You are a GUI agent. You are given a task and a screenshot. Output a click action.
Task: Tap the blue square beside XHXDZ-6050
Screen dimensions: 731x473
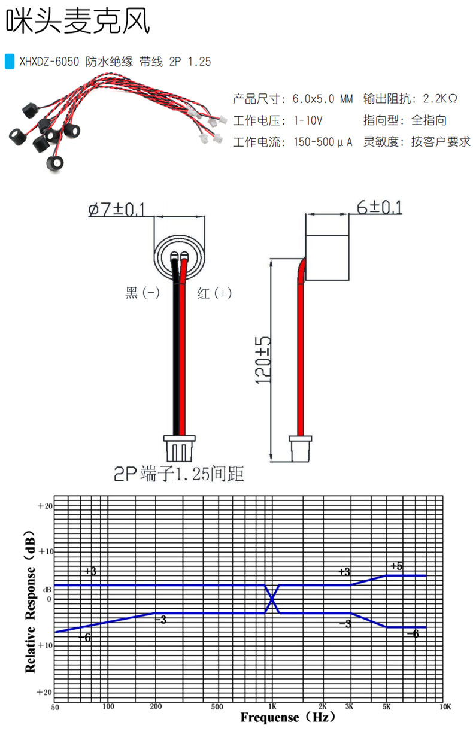[9, 61]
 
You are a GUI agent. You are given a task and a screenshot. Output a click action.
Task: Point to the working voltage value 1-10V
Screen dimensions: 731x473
[308, 120]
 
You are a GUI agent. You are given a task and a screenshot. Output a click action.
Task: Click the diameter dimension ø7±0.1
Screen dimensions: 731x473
[116, 209]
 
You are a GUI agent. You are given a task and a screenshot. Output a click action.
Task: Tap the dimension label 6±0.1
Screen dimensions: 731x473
[379, 207]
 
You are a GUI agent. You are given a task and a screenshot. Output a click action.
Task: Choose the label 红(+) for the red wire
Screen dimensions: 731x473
[214, 293]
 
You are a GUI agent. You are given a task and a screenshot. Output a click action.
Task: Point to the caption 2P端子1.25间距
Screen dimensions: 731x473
[179, 474]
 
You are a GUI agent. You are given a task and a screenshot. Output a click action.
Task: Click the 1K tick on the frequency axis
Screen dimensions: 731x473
[272, 706]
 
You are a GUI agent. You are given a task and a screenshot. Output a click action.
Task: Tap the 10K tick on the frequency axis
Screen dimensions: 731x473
[444, 706]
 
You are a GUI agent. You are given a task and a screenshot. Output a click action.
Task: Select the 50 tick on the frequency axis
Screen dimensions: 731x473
[55, 706]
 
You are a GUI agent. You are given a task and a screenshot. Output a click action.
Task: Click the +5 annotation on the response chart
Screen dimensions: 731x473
[396, 566]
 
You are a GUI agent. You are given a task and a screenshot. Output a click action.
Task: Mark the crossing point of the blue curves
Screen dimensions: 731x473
[272, 599]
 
